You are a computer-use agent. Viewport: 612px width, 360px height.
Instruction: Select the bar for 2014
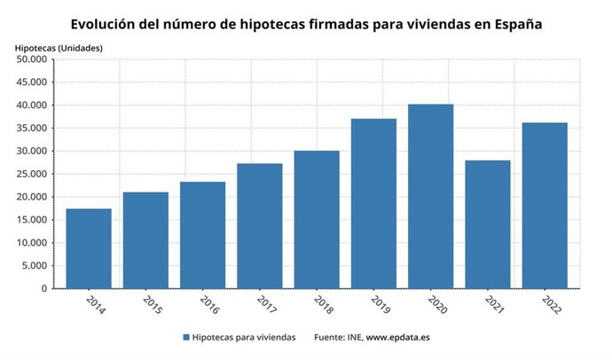[89, 248]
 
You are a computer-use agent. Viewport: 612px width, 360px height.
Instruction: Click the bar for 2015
[145, 240]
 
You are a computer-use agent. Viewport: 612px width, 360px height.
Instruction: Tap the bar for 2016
[202, 235]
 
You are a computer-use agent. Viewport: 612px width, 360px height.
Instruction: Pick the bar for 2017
[259, 226]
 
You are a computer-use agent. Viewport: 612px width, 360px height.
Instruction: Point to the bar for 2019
[373, 204]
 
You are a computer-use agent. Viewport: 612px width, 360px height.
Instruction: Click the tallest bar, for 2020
[430, 197]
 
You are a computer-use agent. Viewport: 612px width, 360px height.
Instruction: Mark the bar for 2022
[545, 206]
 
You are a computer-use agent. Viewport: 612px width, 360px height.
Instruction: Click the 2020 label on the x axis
[437, 305]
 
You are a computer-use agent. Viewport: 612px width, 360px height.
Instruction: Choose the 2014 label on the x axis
[96, 305]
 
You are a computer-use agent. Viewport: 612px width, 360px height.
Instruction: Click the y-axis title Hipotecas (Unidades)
[58, 46]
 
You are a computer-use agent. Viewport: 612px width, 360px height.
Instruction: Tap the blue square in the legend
[186, 338]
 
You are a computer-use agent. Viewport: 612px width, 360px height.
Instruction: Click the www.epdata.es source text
[397, 338]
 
